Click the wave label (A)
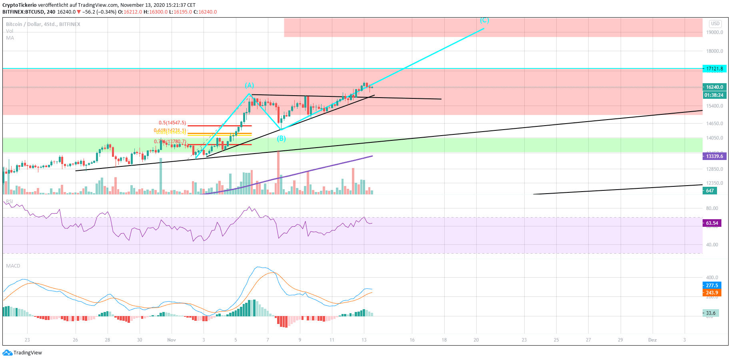click(x=249, y=85)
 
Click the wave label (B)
click(x=282, y=138)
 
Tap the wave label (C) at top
click(x=484, y=20)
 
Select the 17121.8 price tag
click(x=714, y=69)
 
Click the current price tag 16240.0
click(x=714, y=87)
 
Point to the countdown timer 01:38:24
click(x=714, y=95)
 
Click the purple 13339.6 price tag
click(x=714, y=156)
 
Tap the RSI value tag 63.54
click(x=712, y=223)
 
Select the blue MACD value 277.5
click(x=712, y=286)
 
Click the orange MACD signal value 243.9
click(x=712, y=293)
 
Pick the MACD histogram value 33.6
click(x=711, y=313)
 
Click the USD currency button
click(x=715, y=24)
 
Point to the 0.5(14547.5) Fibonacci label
click(x=172, y=123)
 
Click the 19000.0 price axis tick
click(x=714, y=32)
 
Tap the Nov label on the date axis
click(x=172, y=340)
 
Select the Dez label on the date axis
click(x=652, y=340)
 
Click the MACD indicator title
click(x=13, y=266)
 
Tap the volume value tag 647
click(x=710, y=191)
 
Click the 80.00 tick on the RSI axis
click(x=712, y=208)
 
